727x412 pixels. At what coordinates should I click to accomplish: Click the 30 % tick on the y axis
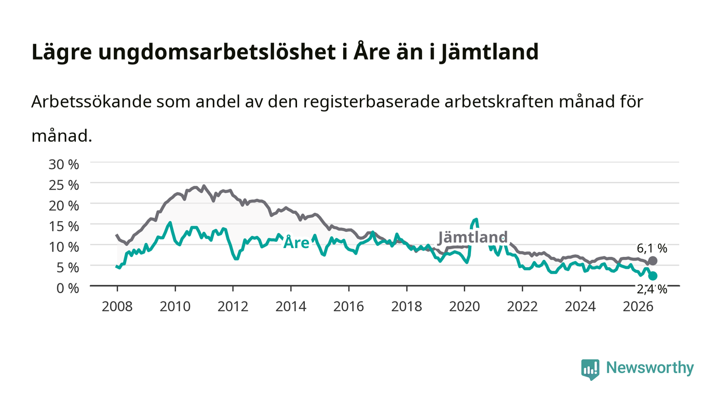(x=63, y=164)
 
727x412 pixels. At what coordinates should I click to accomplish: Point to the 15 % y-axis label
(x=63, y=226)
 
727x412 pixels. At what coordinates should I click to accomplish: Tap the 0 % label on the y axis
(x=68, y=288)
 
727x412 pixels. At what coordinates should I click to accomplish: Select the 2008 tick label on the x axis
(x=117, y=307)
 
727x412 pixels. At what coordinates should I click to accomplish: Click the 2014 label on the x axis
(x=291, y=307)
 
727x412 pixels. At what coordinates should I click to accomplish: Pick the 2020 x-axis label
(x=464, y=307)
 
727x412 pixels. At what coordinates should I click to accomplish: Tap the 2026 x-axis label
(x=638, y=307)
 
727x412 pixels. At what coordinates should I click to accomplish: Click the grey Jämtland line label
(x=473, y=237)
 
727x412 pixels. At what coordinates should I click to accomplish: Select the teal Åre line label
(x=297, y=242)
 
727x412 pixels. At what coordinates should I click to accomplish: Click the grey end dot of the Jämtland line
(x=653, y=260)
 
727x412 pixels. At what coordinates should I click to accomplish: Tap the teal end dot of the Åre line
(x=653, y=276)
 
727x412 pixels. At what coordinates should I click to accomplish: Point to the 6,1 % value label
(x=652, y=248)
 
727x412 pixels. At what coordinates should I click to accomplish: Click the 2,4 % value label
(x=652, y=289)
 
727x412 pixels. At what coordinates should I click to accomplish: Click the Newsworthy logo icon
(x=590, y=369)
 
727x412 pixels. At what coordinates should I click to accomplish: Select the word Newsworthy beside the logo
(x=650, y=367)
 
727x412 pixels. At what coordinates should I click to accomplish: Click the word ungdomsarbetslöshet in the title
(x=217, y=52)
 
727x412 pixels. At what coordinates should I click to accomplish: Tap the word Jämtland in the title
(x=489, y=52)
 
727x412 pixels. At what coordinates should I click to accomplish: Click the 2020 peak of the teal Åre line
(x=476, y=219)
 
